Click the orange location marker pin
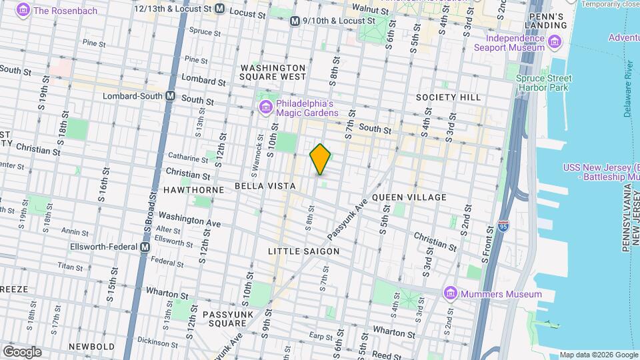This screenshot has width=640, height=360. [320, 159]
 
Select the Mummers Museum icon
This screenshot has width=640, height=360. [451, 293]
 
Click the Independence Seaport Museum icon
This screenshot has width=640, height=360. [555, 43]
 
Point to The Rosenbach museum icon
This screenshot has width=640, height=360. [24, 10]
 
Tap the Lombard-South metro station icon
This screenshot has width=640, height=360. [171, 96]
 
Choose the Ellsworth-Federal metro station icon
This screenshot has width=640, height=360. [144, 247]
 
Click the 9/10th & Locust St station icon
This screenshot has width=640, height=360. [295, 21]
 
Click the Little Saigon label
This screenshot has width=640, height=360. [303, 251]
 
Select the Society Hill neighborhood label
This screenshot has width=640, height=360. [448, 97]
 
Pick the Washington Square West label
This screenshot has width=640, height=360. [273, 72]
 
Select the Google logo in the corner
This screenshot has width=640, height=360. [22, 352]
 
